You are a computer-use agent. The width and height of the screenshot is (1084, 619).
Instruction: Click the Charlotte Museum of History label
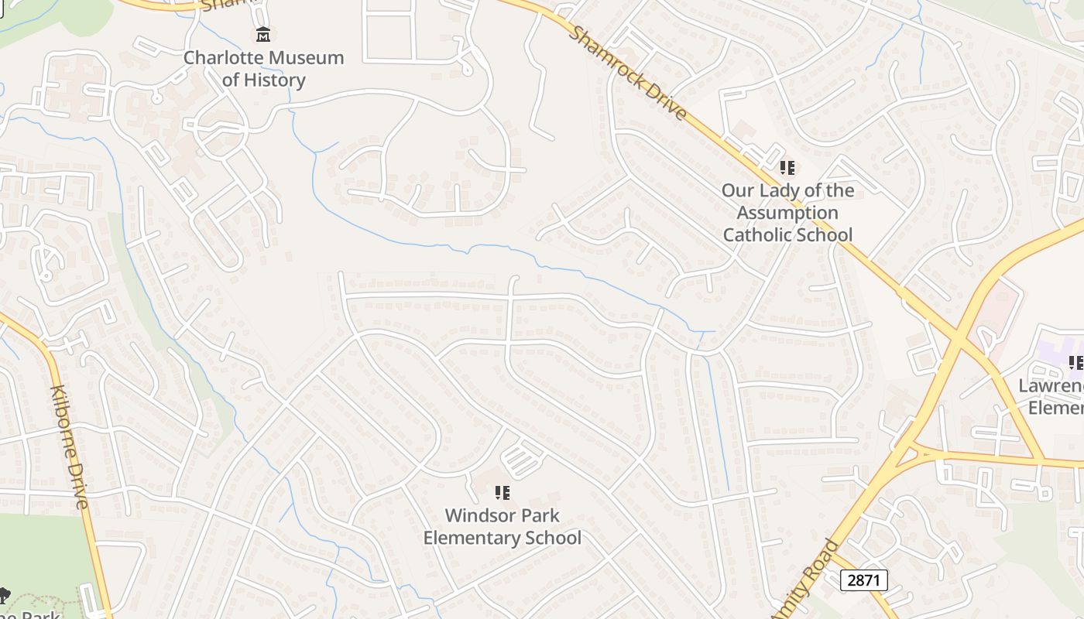point(263,68)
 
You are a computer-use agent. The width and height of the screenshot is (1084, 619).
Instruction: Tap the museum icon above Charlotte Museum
point(263,35)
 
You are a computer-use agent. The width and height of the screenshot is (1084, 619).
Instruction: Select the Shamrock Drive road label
point(627,72)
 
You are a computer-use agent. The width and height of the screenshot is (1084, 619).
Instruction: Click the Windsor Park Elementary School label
point(502,526)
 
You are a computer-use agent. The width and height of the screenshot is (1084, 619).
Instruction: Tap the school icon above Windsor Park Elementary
point(502,492)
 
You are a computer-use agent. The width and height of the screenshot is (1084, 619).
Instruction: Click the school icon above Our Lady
point(787,167)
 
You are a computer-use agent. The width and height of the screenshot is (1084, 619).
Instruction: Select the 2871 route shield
point(863,580)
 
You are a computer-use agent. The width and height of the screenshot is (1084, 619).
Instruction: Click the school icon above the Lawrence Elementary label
point(1075,362)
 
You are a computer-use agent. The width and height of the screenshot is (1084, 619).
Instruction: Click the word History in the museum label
point(275,80)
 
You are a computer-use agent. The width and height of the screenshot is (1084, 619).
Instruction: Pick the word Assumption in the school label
point(787,213)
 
